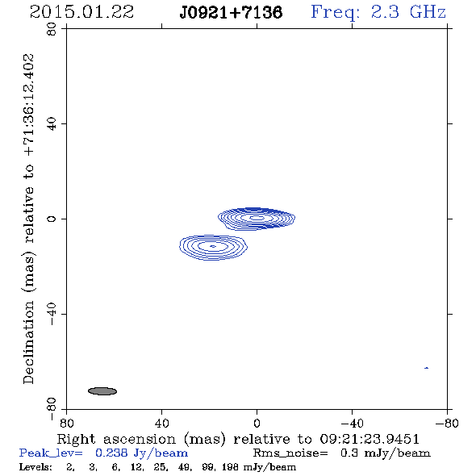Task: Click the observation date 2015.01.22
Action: point(81,12)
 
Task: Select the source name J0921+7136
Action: point(231,12)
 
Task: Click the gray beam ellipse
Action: point(102,391)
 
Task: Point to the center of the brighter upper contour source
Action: point(257,218)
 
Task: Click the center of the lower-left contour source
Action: point(213,247)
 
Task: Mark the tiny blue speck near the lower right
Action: point(427,368)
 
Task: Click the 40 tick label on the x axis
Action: point(161,423)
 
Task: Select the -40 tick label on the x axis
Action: point(352,423)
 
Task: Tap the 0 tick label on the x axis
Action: point(257,423)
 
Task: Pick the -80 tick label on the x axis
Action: point(447,423)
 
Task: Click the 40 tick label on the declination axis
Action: point(52,124)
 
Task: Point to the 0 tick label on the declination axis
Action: point(52,219)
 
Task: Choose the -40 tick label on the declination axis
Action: point(52,314)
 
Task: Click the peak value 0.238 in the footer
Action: point(111,453)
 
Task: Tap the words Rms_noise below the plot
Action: point(290,453)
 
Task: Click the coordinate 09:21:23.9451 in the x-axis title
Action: point(370,439)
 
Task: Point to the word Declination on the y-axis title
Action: point(28,342)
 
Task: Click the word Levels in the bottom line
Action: point(35,466)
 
